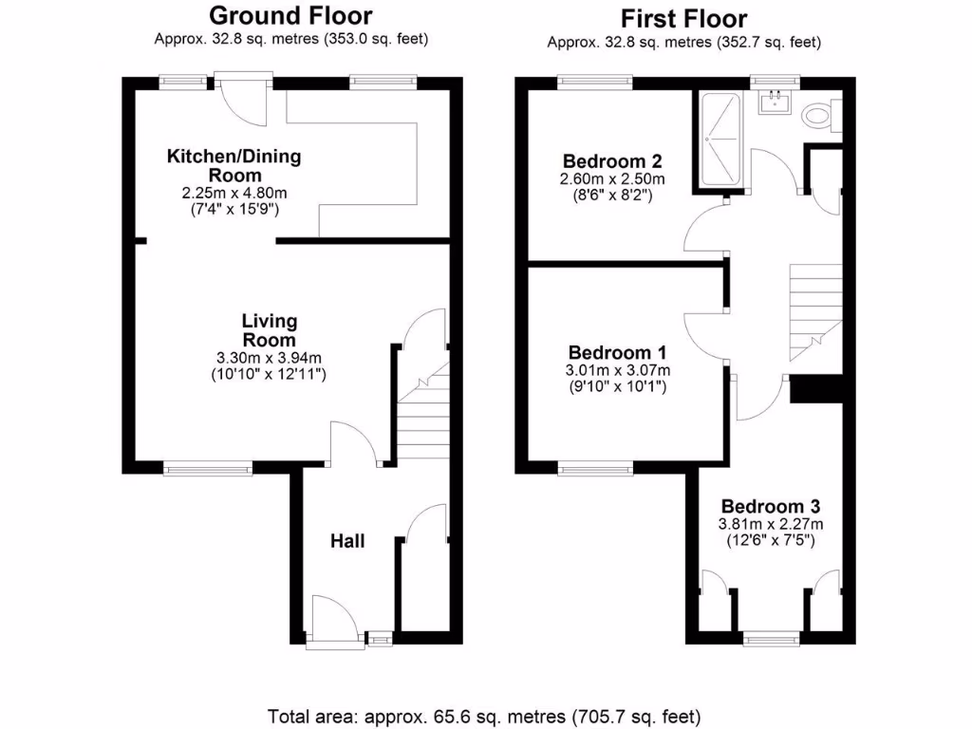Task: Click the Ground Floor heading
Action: click(290, 15)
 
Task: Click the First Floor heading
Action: click(683, 18)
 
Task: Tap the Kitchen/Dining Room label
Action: click(234, 166)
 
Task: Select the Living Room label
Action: click(269, 330)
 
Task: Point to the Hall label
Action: click(347, 541)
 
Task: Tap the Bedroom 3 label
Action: click(771, 506)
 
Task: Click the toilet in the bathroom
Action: click(815, 116)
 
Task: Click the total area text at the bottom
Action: click(484, 715)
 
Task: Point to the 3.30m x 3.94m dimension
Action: click(269, 358)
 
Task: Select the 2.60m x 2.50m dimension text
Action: click(612, 178)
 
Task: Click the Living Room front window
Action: click(208, 467)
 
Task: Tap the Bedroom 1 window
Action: click(595, 467)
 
